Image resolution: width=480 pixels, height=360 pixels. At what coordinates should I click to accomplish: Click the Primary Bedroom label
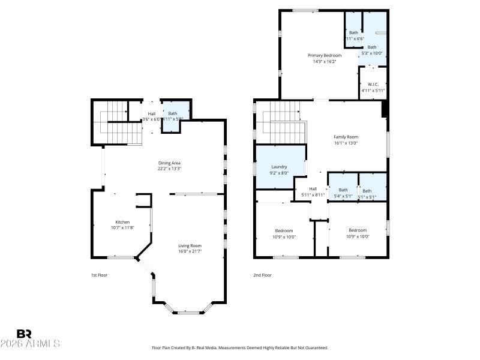325,55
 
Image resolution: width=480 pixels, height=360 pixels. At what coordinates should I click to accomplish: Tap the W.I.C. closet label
373,85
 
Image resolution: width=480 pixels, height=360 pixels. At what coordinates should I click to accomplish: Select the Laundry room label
279,167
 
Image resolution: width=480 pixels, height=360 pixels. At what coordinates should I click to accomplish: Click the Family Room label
346,137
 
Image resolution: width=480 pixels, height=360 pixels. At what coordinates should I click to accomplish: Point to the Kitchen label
123,221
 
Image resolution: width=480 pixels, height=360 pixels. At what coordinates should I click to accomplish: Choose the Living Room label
190,245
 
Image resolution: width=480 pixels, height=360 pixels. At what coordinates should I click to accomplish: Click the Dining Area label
169,163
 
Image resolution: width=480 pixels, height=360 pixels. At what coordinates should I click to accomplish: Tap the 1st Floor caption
99,275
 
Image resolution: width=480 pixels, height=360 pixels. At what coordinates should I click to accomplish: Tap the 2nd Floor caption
262,275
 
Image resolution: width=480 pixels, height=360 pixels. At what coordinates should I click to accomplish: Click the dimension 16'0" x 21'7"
190,251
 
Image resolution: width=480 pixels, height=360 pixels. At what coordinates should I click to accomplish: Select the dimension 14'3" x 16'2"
325,61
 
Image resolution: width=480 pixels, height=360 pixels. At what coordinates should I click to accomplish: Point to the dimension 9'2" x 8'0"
279,173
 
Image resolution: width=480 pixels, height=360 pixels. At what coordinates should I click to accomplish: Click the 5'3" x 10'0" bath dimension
372,53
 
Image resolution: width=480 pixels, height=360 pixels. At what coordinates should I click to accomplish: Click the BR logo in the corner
24,334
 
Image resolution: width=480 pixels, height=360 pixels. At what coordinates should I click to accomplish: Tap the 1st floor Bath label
173,113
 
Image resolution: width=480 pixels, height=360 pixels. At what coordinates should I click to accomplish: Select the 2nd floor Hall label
313,189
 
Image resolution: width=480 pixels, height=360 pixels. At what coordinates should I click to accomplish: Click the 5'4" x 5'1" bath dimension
343,196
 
